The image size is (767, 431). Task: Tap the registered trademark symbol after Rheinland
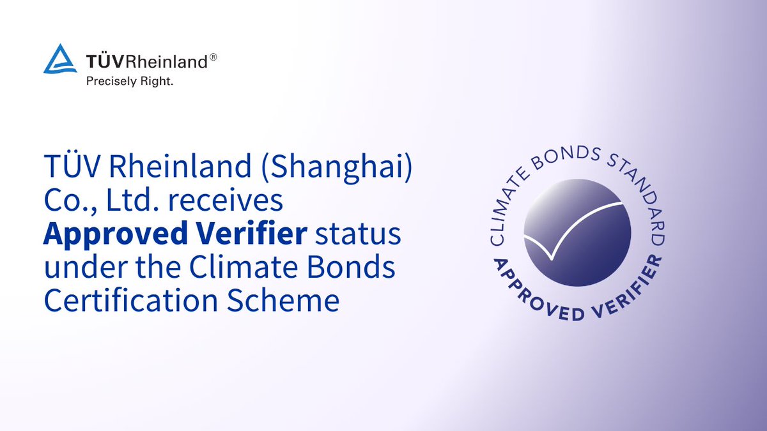(213, 57)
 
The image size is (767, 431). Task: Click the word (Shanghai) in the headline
(337, 167)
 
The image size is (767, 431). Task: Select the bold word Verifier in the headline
(252, 232)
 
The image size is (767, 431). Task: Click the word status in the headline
(358, 234)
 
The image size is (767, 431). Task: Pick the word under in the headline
(86, 267)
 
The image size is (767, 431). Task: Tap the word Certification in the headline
(131, 300)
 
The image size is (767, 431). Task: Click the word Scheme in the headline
(283, 300)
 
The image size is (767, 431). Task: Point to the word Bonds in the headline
(351, 267)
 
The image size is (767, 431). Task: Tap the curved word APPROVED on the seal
(534, 294)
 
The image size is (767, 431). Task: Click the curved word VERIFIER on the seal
(630, 291)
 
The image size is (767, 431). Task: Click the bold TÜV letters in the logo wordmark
(104, 62)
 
